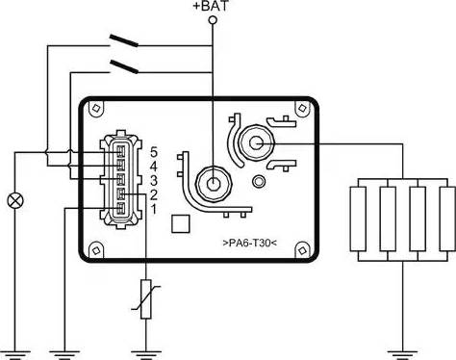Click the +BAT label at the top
click(211, 7)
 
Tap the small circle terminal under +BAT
click(213, 20)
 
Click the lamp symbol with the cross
click(15, 201)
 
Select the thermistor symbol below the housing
click(146, 299)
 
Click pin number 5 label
click(154, 152)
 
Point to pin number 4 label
click(154, 167)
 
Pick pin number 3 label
click(154, 181)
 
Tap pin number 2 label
click(154, 194)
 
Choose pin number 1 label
click(154, 210)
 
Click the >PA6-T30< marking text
click(249, 243)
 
